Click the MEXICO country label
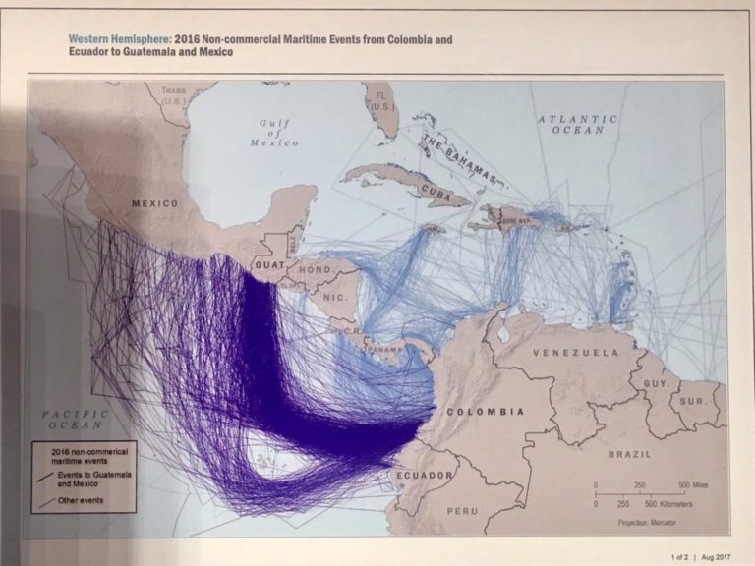[156, 203]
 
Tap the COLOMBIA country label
[486, 412]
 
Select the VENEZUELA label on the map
[576, 352]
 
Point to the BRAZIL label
[629, 454]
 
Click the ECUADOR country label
[425, 475]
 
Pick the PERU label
[462, 511]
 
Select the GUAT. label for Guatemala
[268, 265]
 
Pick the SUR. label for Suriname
[693, 401]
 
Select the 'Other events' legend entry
[81, 501]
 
